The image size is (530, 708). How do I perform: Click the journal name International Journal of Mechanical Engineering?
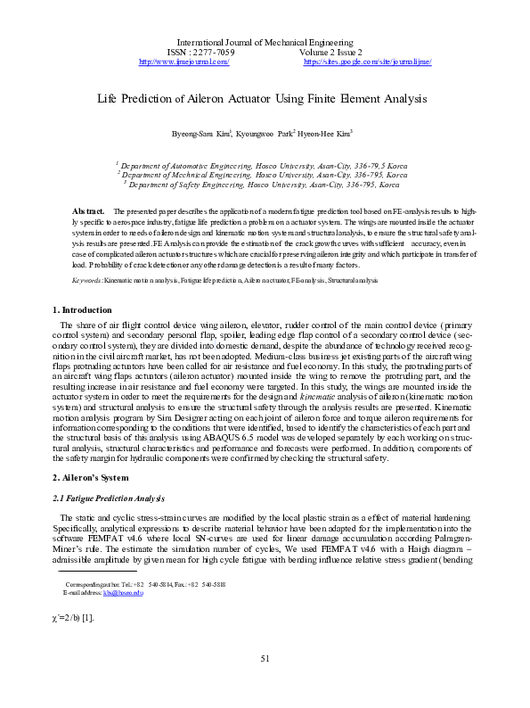(265, 42)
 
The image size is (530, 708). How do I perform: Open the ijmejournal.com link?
(185, 62)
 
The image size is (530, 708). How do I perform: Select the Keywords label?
(87, 256)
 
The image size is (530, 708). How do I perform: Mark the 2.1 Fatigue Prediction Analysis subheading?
(108, 497)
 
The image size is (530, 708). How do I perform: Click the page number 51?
(265, 684)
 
